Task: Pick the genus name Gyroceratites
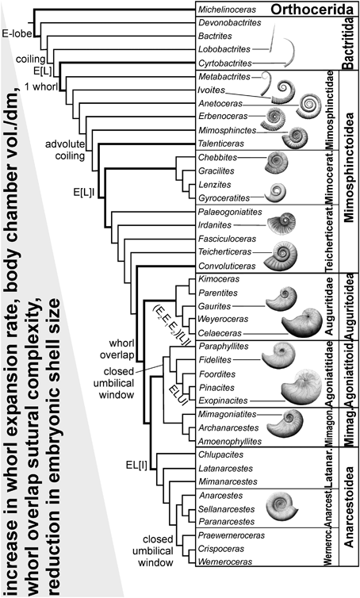(224, 196)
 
